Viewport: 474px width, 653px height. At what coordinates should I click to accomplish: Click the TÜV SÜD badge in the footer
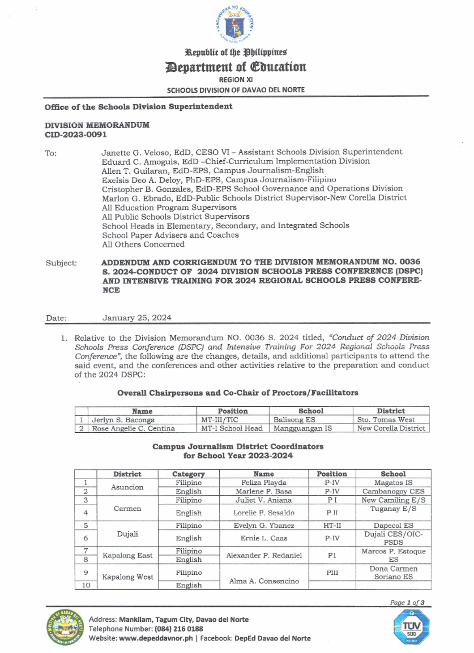point(411,627)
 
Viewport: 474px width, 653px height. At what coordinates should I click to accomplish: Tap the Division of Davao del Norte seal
point(65,627)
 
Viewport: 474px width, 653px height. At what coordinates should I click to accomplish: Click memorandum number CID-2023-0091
point(75,135)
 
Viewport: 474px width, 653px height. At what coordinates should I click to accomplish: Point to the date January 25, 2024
point(137,318)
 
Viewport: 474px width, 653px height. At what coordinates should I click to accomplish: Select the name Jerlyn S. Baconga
point(123,420)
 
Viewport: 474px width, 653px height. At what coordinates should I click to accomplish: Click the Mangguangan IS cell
point(303,428)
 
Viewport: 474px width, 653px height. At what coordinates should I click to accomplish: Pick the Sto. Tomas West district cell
point(386,420)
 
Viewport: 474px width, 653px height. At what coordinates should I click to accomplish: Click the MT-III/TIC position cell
point(220,420)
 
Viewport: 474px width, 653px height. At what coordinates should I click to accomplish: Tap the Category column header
point(188,474)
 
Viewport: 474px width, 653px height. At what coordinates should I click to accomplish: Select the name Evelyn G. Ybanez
point(264,525)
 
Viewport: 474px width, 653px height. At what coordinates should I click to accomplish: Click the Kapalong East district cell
point(127,555)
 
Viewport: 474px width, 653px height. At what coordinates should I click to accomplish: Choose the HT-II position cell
point(332,525)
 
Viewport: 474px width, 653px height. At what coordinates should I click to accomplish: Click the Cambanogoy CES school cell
point(393,492)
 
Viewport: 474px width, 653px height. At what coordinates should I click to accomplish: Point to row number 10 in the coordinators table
point(86,585)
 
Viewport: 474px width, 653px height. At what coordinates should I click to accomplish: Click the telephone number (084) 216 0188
point(179,629)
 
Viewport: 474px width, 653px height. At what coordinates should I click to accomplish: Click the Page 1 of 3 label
point(407,602)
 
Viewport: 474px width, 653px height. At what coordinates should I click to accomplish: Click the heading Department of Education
point(236,67)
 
